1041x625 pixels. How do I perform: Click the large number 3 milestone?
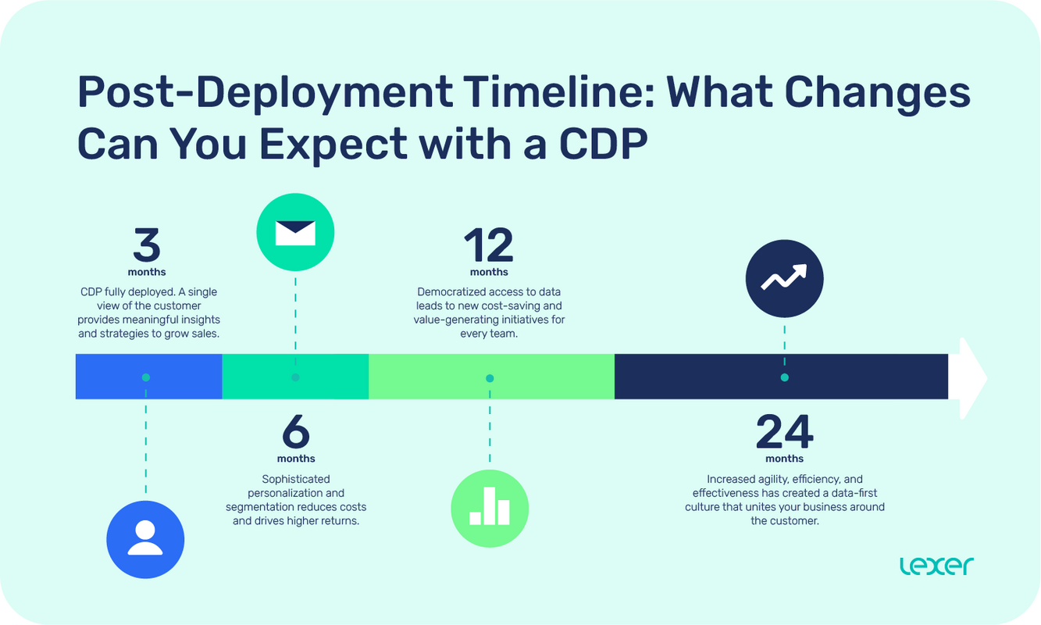tap(147, 246)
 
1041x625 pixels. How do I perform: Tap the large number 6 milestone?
tap(295, 431)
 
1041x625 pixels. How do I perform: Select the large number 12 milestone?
tap(489, 246)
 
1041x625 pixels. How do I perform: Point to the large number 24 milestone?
tap(784, 431)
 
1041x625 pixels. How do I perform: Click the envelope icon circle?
tap(295, 232)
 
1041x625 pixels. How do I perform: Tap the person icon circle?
tap(145, 539)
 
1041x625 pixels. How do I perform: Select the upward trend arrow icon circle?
tap(784, 278)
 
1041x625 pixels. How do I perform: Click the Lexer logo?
tap(936, 566)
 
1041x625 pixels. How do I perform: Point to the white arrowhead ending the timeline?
tap(972, 377)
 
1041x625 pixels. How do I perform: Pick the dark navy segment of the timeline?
tap(859, 377)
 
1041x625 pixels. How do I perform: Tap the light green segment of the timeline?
tap(547, 377)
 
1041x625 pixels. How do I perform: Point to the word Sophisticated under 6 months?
tap(296, 479)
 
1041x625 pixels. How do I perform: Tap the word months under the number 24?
tap(784, 459)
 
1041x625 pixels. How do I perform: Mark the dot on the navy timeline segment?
tap(784, 377)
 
